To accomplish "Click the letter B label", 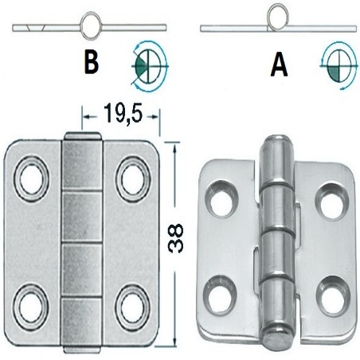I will (x=94, y=64).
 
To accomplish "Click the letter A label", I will (x=279, y=64).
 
